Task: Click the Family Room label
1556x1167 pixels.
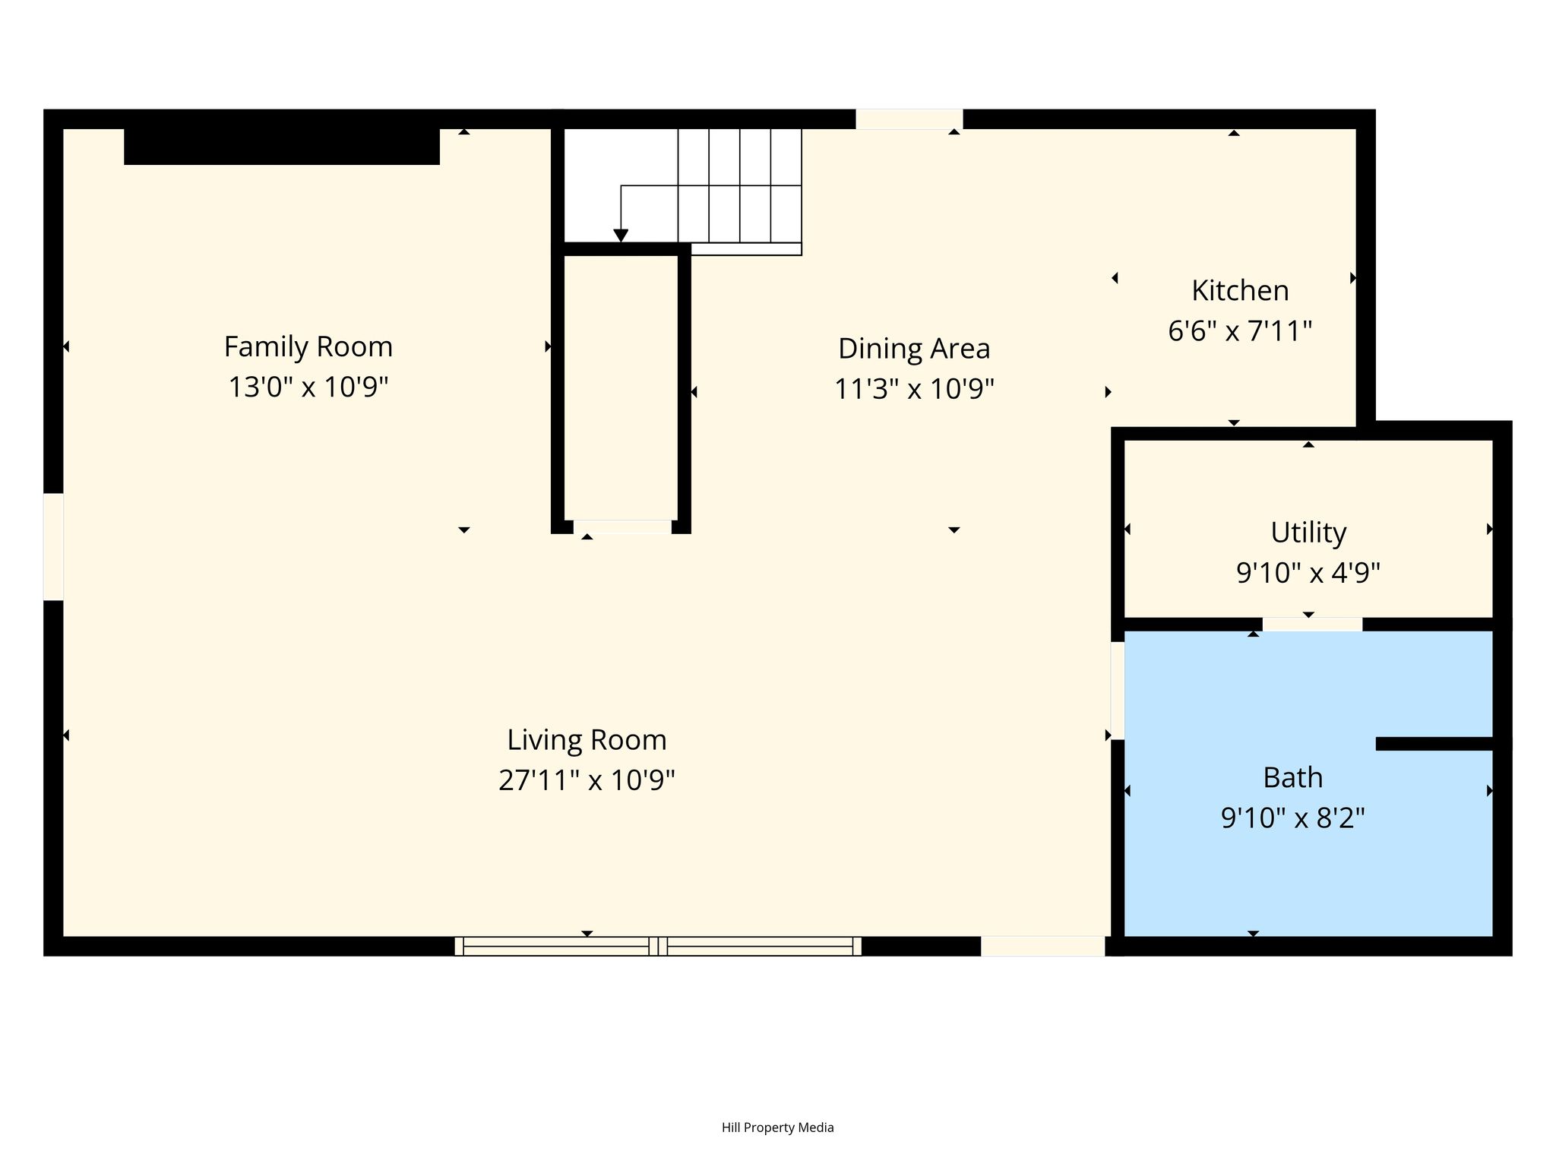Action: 308,347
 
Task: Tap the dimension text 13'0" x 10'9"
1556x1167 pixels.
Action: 308,387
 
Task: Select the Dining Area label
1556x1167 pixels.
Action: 914,349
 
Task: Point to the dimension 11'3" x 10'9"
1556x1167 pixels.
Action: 914,389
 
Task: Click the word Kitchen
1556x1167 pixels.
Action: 1240,291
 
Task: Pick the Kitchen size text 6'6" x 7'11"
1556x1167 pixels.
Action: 1240,331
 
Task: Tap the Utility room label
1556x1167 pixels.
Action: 1308,533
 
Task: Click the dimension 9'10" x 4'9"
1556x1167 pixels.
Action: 1308,572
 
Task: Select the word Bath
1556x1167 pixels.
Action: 1293,778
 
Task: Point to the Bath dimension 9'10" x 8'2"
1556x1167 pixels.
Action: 1293,818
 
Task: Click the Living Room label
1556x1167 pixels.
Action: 587,740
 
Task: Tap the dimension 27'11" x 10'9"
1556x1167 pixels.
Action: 587,780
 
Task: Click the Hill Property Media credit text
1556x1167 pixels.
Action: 778,1127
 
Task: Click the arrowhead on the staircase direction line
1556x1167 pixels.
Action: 621,236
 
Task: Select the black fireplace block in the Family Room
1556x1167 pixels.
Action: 282,147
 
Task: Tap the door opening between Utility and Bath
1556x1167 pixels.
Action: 1312,625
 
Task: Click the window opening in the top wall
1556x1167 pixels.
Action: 909,119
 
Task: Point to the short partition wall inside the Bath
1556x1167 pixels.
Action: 1434,744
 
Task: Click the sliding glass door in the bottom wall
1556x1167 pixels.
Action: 658,946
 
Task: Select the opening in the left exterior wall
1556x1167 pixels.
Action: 53,546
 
